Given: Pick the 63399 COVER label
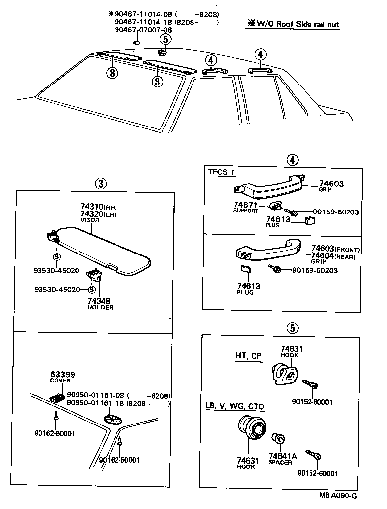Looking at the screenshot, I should (60, 377).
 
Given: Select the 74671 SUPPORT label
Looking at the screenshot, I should (246, 207).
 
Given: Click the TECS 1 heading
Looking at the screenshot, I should (221, 172).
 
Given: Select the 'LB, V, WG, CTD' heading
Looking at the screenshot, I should (234, 407).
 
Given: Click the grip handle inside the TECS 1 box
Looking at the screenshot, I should (269, 187).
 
